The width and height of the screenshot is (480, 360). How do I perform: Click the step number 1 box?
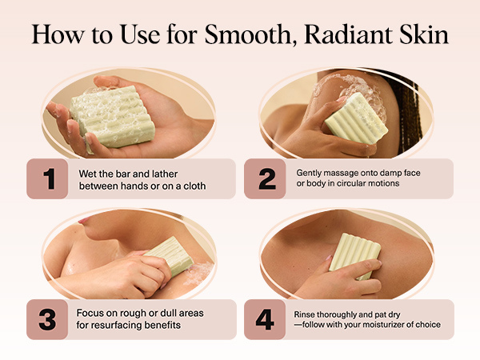(50, 178)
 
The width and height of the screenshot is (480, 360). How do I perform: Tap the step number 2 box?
(266, 178)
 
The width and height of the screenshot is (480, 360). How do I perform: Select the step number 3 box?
(50, 319)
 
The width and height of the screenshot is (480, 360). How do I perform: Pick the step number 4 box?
(266, 319)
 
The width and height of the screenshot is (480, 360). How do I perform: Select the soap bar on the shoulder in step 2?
(356, 118)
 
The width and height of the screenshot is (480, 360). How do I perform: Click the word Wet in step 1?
(89, 172)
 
